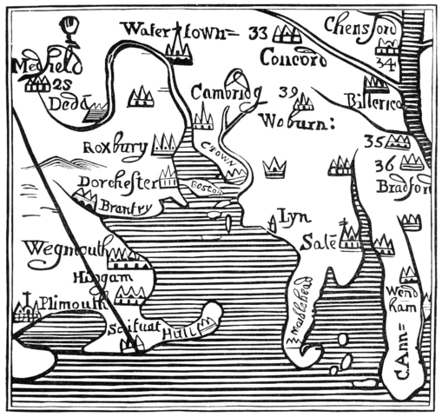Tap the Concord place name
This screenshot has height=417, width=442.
(x=293, y=60)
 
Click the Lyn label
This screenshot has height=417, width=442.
(x=288, y=215)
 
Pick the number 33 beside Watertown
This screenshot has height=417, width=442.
(x=256, y=34)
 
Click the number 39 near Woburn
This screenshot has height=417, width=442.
(x=289, y=91)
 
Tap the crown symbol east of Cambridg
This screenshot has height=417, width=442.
(x=275, y=164)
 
